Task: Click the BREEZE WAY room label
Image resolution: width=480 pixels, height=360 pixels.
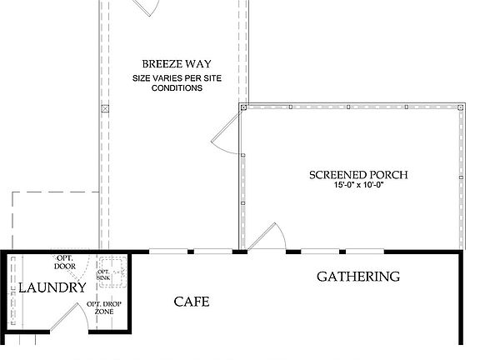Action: (176, 63)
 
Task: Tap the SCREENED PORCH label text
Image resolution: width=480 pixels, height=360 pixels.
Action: (358, 175)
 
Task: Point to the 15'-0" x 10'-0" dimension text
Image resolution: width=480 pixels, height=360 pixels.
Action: (358, 186)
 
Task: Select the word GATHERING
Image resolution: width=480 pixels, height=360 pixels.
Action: (358, 277)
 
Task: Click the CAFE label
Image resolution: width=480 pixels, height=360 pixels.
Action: (191, 302)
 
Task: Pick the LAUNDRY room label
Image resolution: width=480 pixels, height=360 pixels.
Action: (52, 288)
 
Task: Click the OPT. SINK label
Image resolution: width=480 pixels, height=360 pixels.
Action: (104, 275)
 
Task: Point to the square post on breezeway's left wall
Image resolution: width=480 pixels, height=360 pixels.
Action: (104, 109)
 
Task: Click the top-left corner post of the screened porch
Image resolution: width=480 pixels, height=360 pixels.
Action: (242, 107)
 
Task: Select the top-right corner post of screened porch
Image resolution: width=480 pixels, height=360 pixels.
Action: (461, 107)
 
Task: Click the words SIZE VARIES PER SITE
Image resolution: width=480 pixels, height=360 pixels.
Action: (176, 78)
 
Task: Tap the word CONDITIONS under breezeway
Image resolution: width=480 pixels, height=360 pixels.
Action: (176, 87)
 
